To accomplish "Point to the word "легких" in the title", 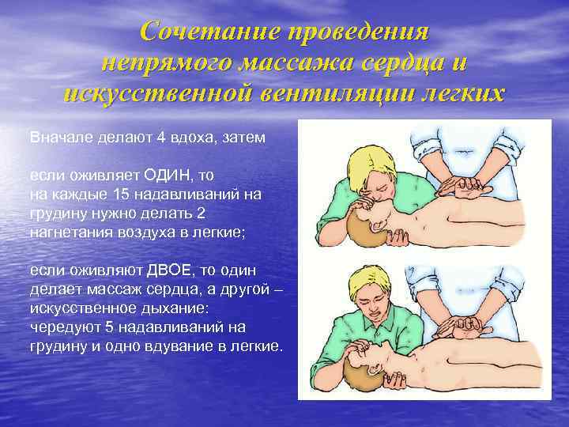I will (460, 93).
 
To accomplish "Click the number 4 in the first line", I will (160, 138).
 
